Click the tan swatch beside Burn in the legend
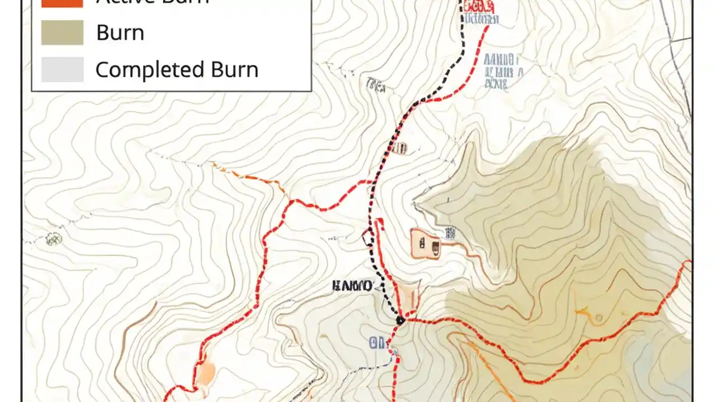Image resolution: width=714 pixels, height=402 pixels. [x=62, y=32]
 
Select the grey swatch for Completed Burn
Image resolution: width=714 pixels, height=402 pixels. [x=62, y=70]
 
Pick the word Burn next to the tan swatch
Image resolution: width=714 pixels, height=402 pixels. [x=120, y=32]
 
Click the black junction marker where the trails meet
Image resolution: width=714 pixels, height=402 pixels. [x=400, y=320]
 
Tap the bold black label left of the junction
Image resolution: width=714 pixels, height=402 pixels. [x=352, y=286]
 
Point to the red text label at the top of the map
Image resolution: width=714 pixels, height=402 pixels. [x=477, y=6]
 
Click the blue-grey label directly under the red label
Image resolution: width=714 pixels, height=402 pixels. [x=480, y=20]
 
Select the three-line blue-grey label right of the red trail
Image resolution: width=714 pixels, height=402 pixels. [x=503, y=71]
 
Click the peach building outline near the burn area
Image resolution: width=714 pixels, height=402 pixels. [x=425, y=244]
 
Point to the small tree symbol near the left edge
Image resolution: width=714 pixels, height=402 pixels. [x=54, y=239]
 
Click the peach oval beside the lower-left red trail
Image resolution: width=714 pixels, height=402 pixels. [x=206, y=372]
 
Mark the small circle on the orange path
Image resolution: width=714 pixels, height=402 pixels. [x=599, y=318]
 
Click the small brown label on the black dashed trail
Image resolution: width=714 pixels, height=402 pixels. [x=399, y=148]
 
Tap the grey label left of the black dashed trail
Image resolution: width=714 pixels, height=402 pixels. [x=375, y=85]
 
